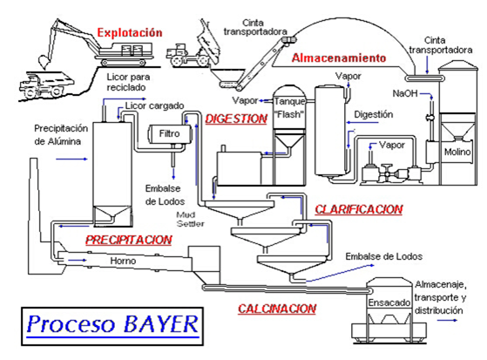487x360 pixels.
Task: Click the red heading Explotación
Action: (130, 33)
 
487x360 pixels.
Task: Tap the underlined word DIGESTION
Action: (236, 119)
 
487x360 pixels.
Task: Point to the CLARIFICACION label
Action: (358, 209)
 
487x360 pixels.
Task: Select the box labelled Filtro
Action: (170, 132)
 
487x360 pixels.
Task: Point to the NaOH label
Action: (405, 93)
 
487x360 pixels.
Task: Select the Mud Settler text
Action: (189, 217)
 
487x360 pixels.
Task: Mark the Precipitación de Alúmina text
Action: (58, 133)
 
